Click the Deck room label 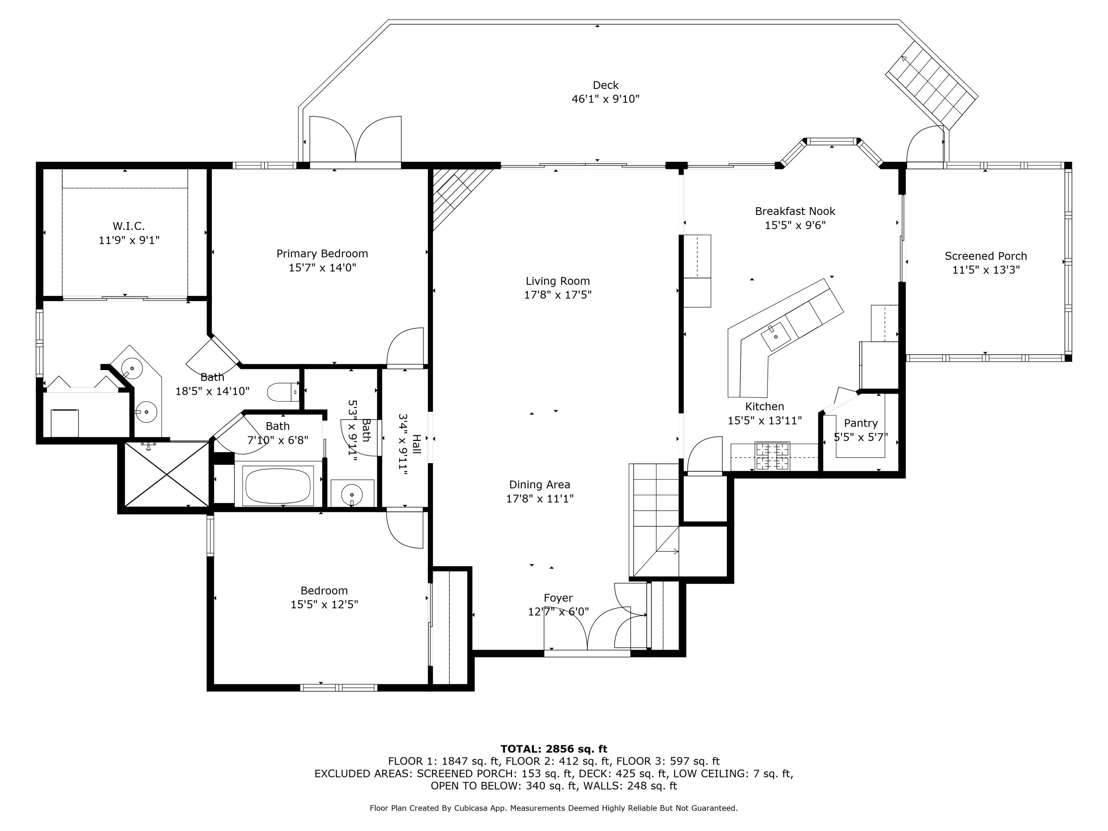[x=606, y=85]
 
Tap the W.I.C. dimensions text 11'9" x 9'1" [x=129, y=240]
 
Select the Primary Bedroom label [x=322, y=253]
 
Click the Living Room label [x=557, y=281]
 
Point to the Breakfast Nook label [x=795, y=211]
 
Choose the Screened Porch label [x=986, y=256]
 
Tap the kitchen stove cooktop [x=772, y=456]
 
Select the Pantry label [x=861, y=423]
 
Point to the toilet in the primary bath [x=283, y=392]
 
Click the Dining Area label [x=540, y=484]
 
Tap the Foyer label [x=558, y=598]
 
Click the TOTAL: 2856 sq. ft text [x=554, y=749]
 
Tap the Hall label [x=416, y=444]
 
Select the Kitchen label [x=765, y=407]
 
